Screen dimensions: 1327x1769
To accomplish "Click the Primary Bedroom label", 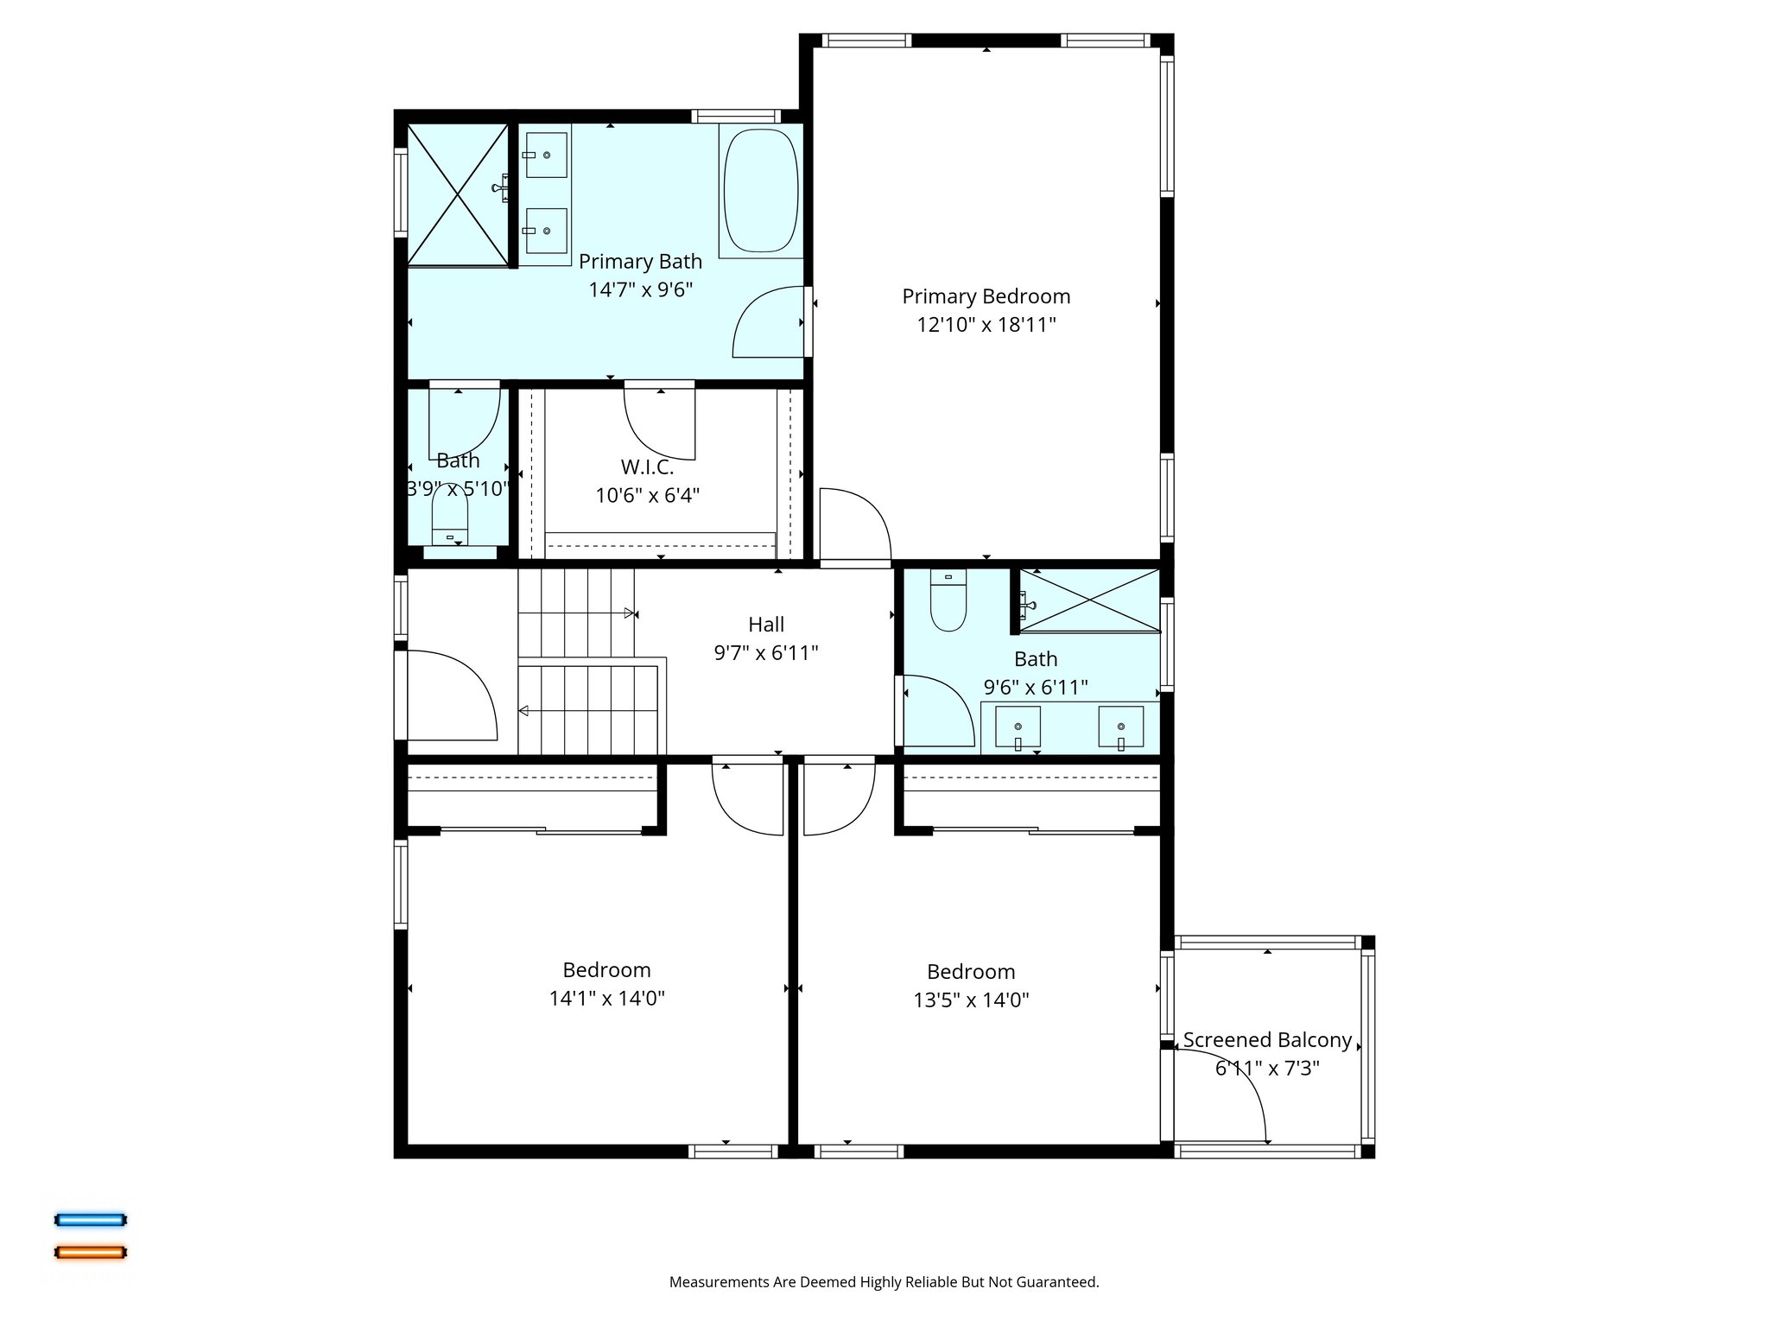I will pos(986,296).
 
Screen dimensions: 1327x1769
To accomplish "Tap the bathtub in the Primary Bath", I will pos(760,191).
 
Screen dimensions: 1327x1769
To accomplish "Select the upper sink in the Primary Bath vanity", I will pos(546,155).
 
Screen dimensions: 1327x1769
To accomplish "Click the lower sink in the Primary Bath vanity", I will pos(546,231).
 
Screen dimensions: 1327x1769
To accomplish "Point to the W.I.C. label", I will pos(647,467).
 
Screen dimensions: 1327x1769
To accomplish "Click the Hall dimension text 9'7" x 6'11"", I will pos(765,653).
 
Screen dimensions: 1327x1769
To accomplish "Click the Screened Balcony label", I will pos(1266,1040).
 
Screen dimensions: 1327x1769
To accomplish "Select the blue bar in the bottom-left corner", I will pos(91,1220).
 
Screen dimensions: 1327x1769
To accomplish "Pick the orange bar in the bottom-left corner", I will pos(91,1252).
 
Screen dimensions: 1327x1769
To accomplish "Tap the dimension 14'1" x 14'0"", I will pos(606,999).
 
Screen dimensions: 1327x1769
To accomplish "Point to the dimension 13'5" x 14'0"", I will pos(971,1000).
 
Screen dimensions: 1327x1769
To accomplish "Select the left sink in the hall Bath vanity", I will pos(1018,727).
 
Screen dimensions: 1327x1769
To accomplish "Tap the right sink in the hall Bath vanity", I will pos(1120,727).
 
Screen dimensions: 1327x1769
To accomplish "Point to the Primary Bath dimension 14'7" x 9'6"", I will pos(640,290).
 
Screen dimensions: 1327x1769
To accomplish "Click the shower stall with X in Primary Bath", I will pos(457,195).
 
